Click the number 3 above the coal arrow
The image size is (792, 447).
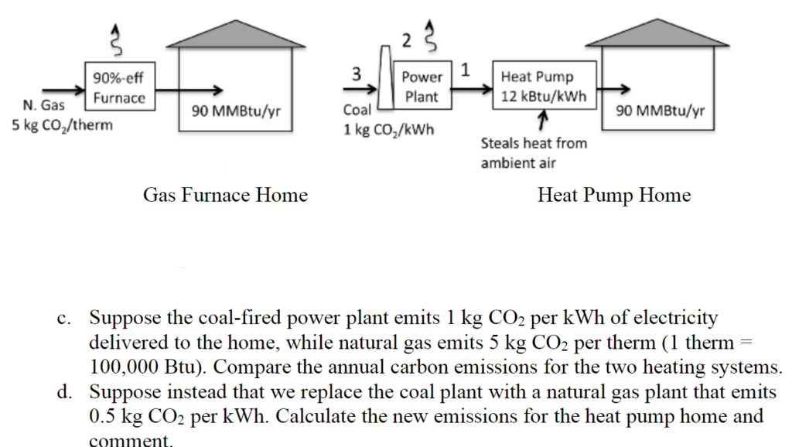coord(357,73)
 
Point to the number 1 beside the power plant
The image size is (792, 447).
coord(465,69)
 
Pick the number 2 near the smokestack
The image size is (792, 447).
coord(407,40)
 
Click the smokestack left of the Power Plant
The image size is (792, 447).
coord(385,77)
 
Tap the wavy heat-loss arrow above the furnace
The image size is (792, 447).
coord(117,39)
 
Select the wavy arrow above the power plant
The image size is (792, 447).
coord(430,36)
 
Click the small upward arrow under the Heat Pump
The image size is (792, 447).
coord(542,120)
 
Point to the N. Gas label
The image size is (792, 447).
coord(43,105)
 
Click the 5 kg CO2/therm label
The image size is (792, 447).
coord(62,125)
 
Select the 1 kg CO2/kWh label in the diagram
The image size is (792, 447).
coord(388,130)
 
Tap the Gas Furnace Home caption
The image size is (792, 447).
coord(225,195)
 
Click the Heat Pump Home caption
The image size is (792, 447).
coord(613,195)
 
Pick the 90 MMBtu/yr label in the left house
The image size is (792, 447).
coord(236,111)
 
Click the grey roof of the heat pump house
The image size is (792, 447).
coord(657,32)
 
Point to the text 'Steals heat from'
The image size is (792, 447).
coord(534,143)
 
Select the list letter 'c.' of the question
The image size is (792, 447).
coord(63,319)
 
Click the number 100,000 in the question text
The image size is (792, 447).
coord(124,367)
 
